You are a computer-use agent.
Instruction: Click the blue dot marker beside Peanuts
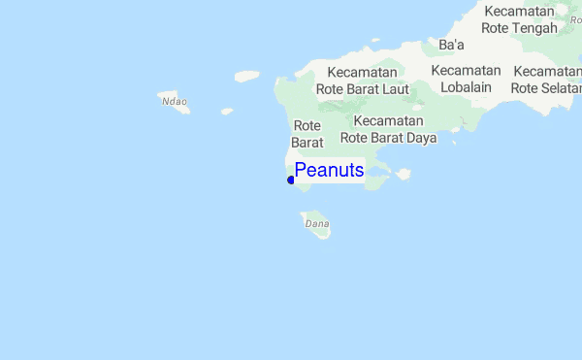[291, 180]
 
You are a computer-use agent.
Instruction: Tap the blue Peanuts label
[329, 171]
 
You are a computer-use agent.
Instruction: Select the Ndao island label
[174, 100]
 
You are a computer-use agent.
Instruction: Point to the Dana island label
[317, 223]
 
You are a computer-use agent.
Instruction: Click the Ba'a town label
[452, 45]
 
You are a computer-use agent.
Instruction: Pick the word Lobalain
[466, 87]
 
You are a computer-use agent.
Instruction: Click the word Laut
[395, 89]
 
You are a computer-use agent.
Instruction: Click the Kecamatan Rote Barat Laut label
[363, 82]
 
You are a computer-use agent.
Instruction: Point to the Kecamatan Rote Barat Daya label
[388, 129]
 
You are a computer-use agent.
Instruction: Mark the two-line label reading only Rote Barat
[307, 134]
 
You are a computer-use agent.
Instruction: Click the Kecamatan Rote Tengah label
[520, 19]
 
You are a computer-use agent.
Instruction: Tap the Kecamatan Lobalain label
[466, 79]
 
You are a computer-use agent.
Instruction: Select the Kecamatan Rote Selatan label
[546, 80]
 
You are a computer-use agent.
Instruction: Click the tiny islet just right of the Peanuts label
[403, 175]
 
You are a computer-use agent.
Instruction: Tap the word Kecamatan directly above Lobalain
[466, 71]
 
